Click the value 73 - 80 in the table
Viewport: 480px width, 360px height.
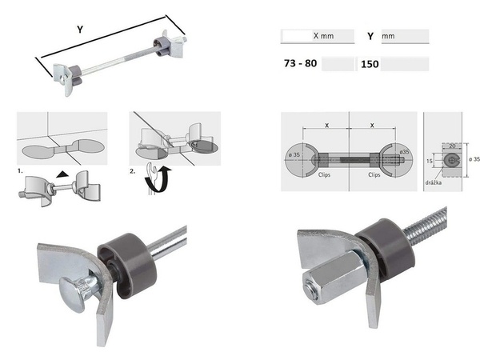pos(300,63)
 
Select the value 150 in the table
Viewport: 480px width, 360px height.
pos(370,64)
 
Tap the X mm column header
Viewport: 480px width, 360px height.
pos(323,36)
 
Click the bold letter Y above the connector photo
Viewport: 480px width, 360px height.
pos(80,30)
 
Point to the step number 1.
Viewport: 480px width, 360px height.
pos(20,171)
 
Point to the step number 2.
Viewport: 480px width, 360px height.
pos(132,171)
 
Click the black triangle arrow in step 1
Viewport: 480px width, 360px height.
pos(62,174)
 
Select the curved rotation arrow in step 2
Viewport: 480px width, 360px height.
pos(159,181)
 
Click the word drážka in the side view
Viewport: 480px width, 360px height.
pos(433,182)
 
